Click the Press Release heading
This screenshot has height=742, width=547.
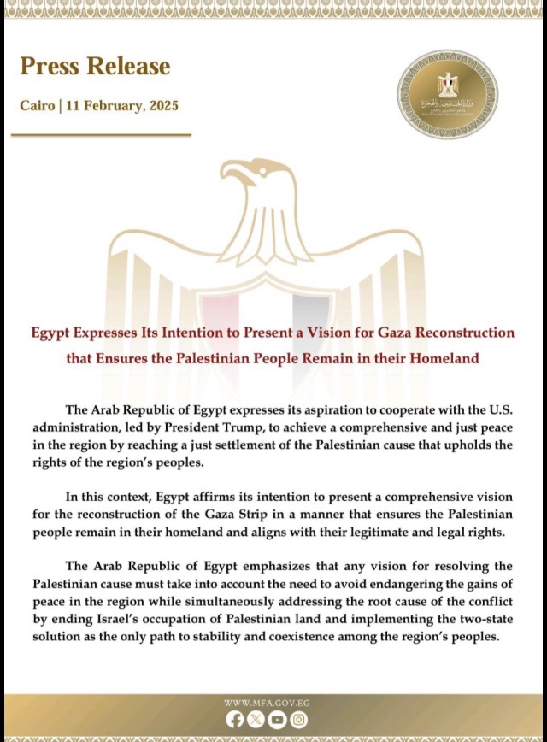(95, 66)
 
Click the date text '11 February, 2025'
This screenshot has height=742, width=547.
(130, 107)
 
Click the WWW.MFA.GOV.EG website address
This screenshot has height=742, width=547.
(267, 703)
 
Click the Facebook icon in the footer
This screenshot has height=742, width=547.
(235, 720)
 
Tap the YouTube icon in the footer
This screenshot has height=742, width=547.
(277, 720)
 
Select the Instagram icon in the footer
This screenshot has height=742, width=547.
(298, 720)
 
